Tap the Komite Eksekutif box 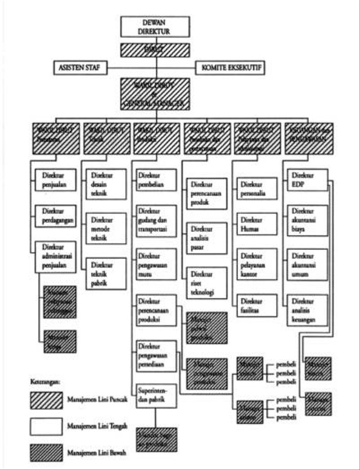click(230, 68)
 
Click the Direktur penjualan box click(55, 180)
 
